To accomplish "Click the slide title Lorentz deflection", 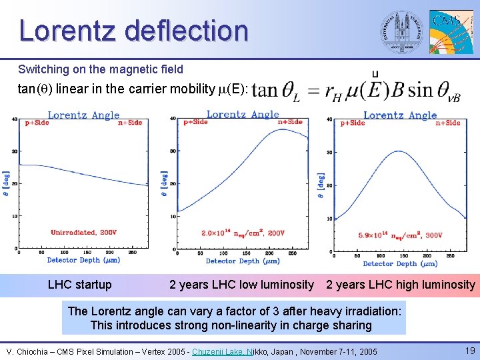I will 133,31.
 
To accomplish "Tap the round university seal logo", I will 401,31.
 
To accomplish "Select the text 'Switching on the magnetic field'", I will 101,69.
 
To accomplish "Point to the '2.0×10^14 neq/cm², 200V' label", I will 243,233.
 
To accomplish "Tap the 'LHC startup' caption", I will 80,285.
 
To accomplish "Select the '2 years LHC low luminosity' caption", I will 241,285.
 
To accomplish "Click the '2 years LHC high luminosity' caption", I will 401,285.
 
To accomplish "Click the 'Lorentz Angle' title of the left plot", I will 83,115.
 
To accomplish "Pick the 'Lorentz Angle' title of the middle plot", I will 243,114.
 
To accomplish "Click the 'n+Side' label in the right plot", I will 448,123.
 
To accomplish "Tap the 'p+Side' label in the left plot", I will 36,123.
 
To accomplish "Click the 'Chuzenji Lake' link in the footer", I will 219,351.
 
